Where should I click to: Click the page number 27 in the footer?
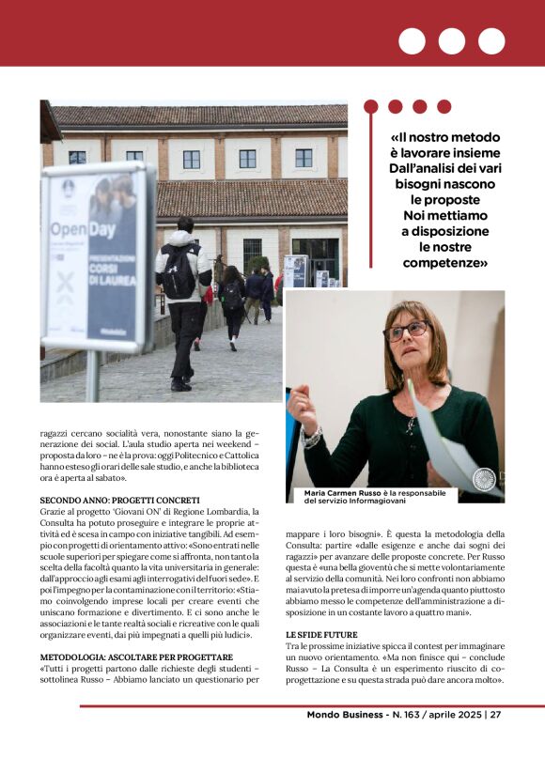tap(495, 714)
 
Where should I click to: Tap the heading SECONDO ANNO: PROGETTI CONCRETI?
tap(119, 500)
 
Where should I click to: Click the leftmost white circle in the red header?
tap(412, 41)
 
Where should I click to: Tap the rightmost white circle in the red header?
tap(491, 41)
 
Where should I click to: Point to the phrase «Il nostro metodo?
tap(445, 133)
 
